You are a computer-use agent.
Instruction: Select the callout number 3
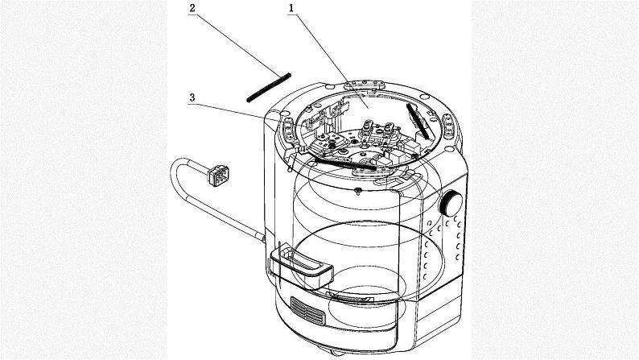click(192, 97)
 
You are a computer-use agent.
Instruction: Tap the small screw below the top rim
click(356, 190)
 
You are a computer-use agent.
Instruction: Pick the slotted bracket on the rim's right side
click(449, 125)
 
